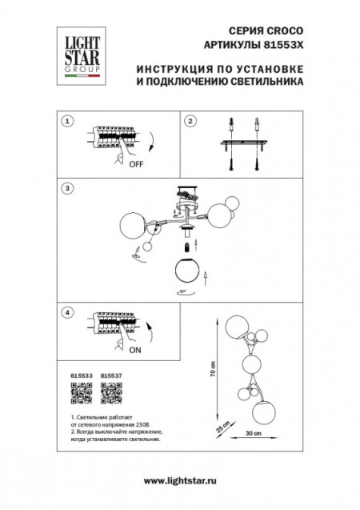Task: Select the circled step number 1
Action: [69, 121]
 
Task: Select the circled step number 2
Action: [190, 121]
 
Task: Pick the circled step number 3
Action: [69, 188]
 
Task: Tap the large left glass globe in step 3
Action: [134, 226]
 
